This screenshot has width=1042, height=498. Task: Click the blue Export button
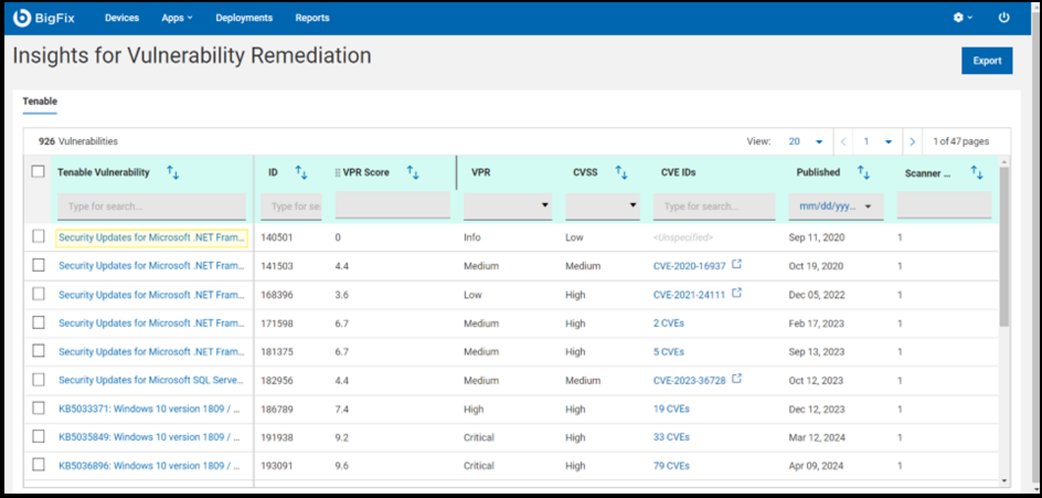986,61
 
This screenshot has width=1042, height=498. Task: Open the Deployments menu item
244,18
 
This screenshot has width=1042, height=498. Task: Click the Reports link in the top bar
312,18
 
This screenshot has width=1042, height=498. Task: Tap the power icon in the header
1004,18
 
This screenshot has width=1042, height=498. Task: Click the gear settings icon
959,18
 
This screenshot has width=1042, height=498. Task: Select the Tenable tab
40,102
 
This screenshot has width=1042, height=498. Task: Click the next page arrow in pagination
912,142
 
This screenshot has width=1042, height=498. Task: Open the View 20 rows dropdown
805,142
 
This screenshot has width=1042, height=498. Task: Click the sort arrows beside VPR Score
413,173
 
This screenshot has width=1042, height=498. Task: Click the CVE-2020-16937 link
689,266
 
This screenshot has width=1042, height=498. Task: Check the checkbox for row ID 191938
38,437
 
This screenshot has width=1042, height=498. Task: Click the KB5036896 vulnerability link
149,466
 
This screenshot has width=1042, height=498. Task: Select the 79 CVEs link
671,466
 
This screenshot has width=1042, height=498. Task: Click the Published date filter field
835,206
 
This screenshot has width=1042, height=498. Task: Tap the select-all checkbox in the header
38,172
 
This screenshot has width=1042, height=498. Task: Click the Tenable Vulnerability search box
151,206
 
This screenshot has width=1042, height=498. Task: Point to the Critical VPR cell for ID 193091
479,466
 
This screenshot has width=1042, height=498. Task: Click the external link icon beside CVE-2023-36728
737,379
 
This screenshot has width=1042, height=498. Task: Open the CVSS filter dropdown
602,205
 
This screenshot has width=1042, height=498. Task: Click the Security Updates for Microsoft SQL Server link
151,380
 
